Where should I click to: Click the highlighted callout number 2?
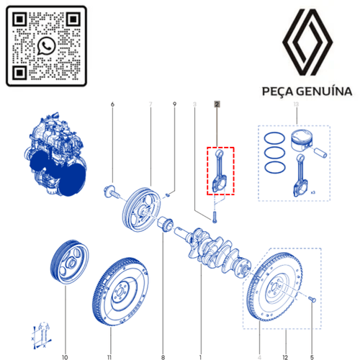tap(216, 105)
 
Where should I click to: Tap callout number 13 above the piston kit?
tap(295, 105)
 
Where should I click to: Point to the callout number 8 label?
tap(163, 338)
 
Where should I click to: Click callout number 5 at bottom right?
tap(312, 338)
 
